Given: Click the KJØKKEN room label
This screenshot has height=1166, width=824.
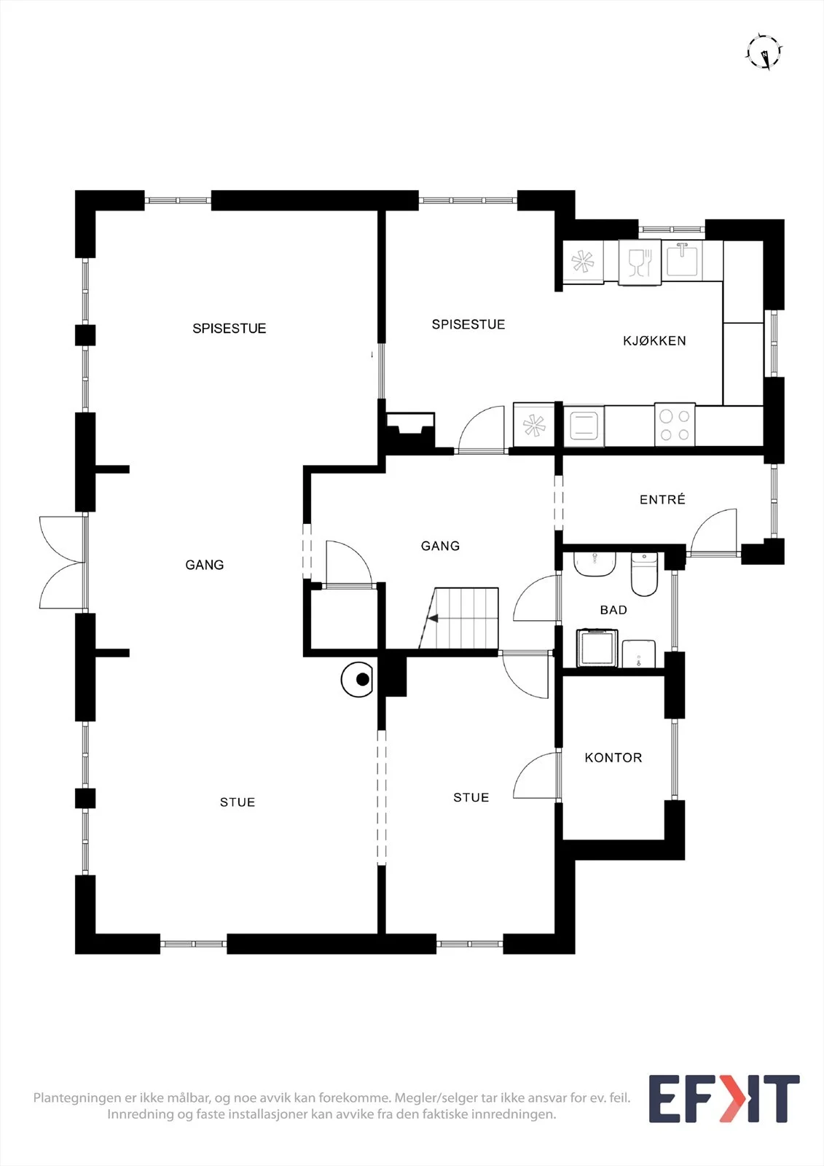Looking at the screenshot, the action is click(x=654, y=341).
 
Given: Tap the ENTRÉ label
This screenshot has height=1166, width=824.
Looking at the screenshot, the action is click(x=662, y=499).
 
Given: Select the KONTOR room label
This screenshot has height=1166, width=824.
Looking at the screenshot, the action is click(x=613, y=757).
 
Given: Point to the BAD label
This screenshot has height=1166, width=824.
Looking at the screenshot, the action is click(x=613, y=609).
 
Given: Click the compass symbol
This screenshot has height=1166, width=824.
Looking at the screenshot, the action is click(x=764, y=52).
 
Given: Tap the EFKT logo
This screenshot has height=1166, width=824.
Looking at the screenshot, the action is click(x=724, y=1098).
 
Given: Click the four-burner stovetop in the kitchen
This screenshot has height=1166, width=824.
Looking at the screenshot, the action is click(x=675, y=425).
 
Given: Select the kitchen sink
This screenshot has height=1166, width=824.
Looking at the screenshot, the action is click(x=682, y=259).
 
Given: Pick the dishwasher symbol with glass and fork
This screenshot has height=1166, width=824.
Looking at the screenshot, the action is click(x=640, y=262).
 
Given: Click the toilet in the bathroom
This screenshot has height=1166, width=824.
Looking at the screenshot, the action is click(x=645, y=575).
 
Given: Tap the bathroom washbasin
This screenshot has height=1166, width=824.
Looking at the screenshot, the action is click(x=595, y=564).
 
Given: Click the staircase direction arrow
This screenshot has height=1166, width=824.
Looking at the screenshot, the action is click(x=433, y=619).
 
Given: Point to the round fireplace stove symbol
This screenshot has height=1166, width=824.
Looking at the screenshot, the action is click(x=357, y=679).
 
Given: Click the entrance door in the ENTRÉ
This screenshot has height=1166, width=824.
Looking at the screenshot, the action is click(x=714, y=532).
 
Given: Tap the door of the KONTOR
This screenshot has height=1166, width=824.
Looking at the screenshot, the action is click(x=537, y=776).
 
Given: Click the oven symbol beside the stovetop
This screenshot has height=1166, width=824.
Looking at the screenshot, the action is click(x=584, y=426).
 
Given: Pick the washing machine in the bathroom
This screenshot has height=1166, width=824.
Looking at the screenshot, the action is click(x=597, y=648).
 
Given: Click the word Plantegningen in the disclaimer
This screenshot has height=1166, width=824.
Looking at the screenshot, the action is click(x=77, y=1097).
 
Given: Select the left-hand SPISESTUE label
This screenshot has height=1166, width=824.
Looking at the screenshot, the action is click(x=229, y=329).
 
